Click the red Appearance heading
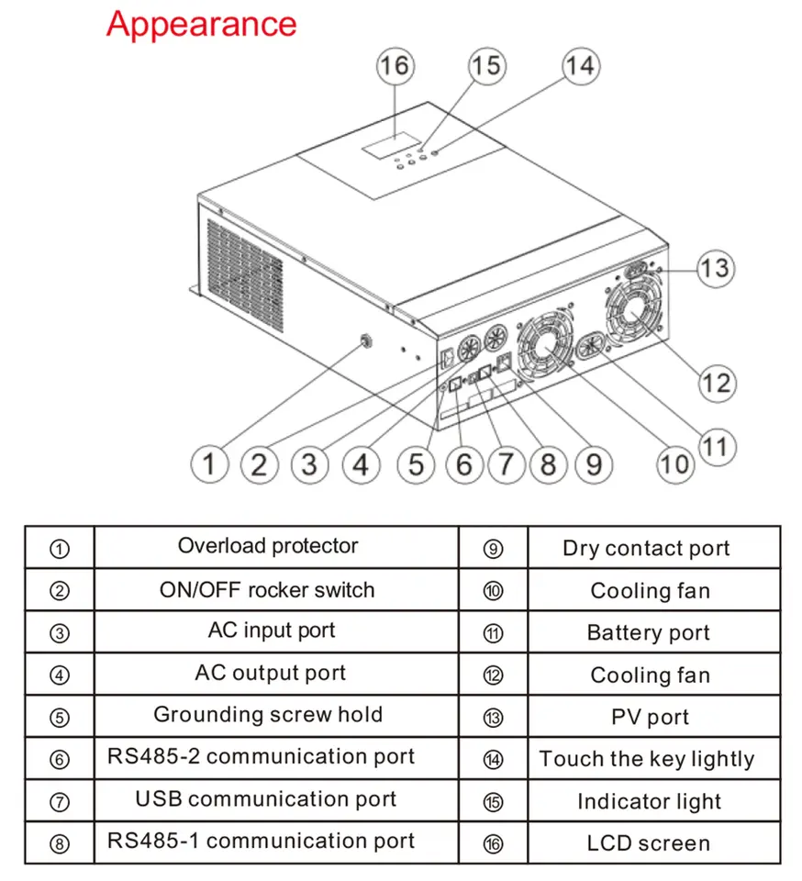click(202, 25)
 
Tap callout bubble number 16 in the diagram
click(395, 66)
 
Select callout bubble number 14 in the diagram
click(581, 66)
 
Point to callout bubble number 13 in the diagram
click(716, 268)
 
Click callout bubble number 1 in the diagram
click(209, 464)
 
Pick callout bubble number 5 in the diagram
click(416, 464)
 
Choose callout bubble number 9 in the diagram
click(594, 464)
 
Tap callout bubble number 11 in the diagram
click(717, 447)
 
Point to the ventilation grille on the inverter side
click(245, 274)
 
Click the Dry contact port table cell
click(653, 547)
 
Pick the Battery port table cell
click(653, 631)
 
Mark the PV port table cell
click(653, 716)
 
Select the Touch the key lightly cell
click(653, 758)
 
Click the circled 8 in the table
click(60, 844)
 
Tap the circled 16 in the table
click(493, 844)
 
